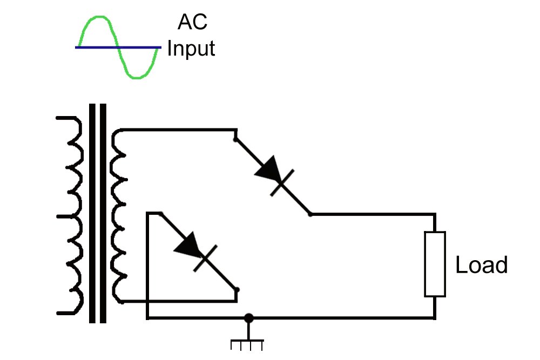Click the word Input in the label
[x=191, y=49]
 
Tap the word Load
[x=482, y=265]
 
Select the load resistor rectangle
[x=435, y=264]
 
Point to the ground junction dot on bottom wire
[x=248, y=318]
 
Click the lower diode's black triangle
[x=187, y=244]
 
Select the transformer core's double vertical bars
[x=98, y=213]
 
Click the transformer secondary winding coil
[x=119, y=216]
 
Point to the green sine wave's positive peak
[x=97, y=18]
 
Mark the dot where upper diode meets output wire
[x=310, y=214]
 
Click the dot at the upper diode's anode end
[x=235, y=140]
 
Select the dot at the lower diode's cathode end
[x=237, y=290]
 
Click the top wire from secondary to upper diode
[x=178, y=130]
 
